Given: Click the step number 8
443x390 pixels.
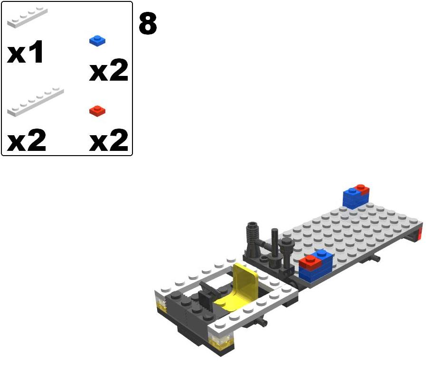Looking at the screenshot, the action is coord(148,24).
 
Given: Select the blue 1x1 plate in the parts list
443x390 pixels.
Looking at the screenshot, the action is coord(97,41).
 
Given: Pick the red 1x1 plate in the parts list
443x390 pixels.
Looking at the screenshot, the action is coord(97,111).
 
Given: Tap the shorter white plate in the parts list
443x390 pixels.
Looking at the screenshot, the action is coord(27,17).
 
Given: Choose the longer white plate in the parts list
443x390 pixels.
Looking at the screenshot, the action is coord(35,102).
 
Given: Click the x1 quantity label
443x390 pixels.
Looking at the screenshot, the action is coord(25,52).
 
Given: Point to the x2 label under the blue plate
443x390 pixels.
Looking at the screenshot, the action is coord(109,70).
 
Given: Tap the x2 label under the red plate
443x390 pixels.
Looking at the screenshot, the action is coord(109,140).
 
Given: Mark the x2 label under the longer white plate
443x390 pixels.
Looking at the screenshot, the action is coord(26,140).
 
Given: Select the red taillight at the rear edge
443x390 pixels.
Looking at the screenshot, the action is coord(420,233).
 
